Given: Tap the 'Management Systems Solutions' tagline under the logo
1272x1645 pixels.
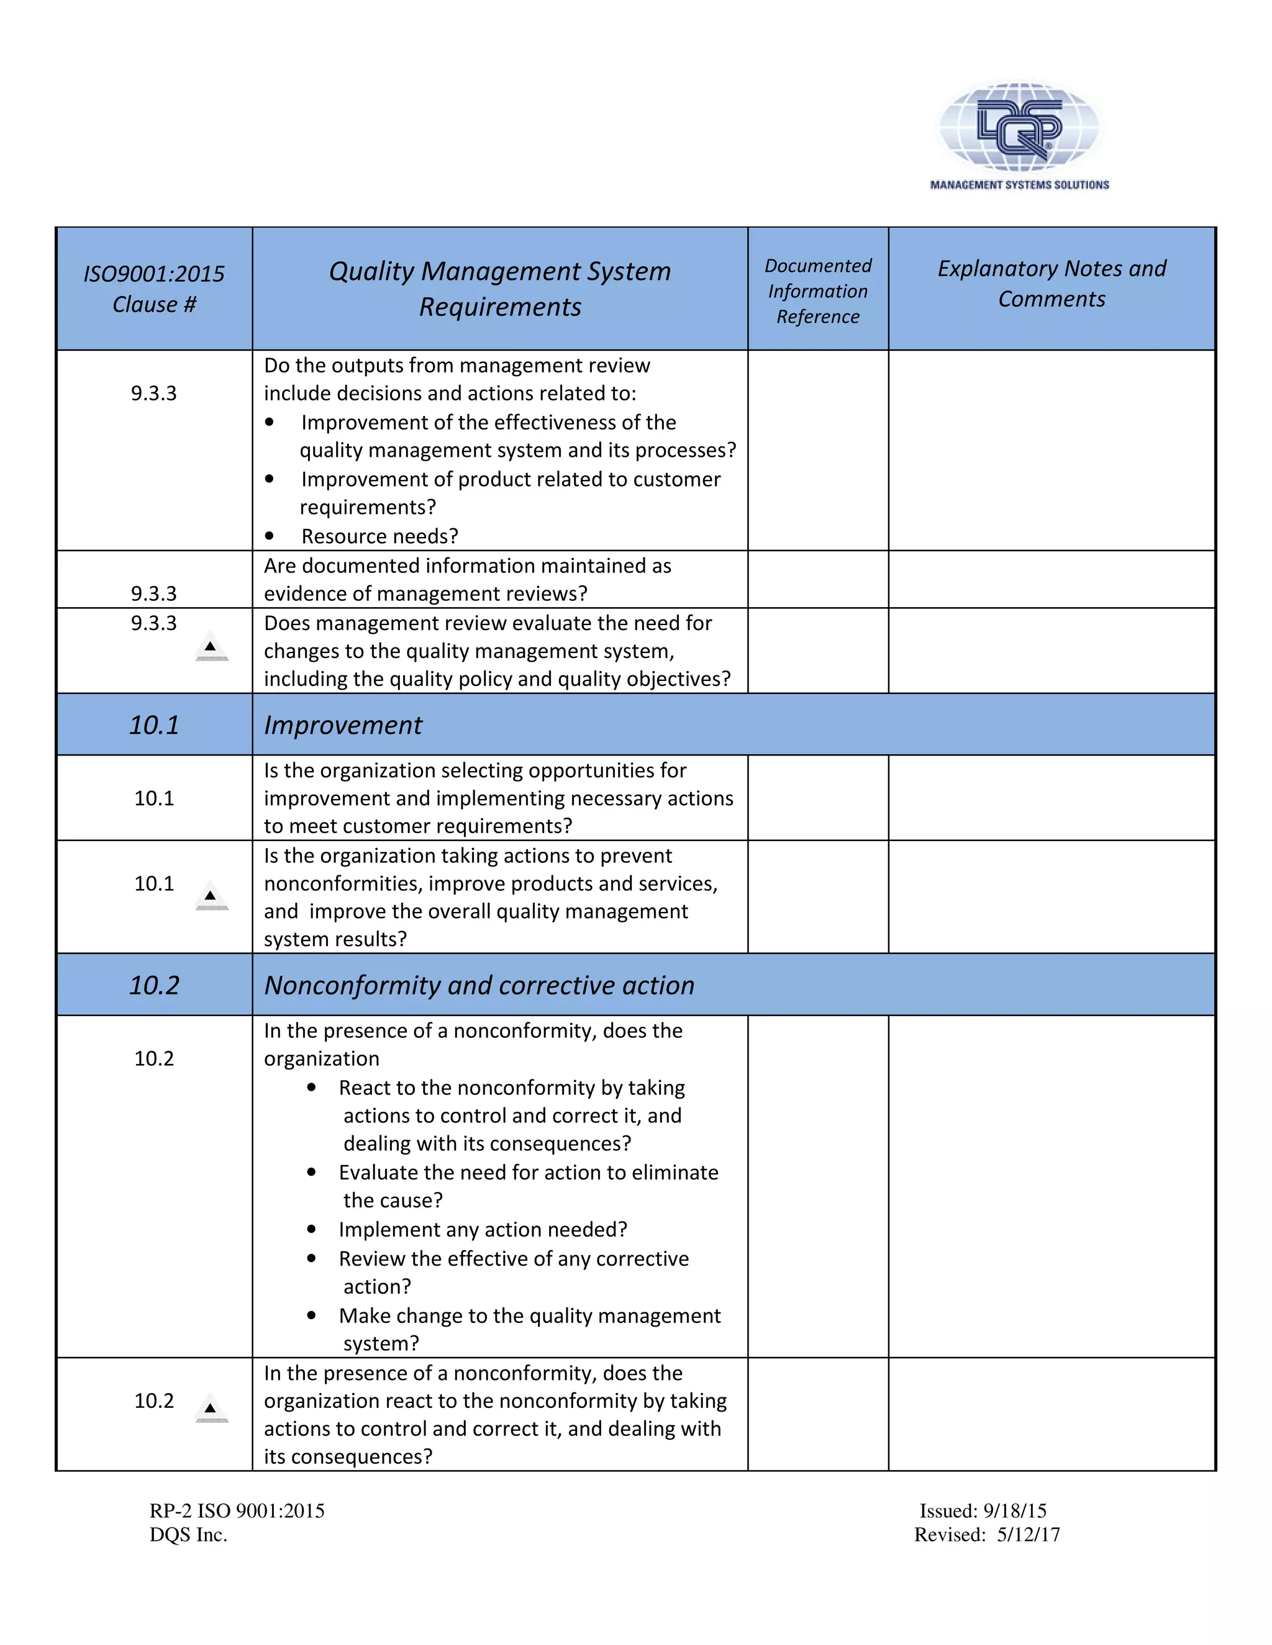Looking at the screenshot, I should pyautogui.click(x=1019, y=184).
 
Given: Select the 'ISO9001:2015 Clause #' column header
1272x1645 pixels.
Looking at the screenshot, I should pyautogui.click(x=154, y=289).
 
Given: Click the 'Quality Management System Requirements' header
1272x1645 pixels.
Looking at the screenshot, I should pyautogui.click(x=499, y=289).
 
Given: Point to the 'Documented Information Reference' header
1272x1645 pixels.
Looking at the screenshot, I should pyautogui.click(x=817, y=291).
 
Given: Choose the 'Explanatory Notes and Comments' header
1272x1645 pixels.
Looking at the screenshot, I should pyautogui.click(x=1052, y=283).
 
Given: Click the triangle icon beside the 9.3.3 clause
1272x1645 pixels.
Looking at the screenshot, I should pyautogui.click(x=211, y=647).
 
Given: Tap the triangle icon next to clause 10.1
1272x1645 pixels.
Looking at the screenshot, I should pyautogui.click(x=211, y=896).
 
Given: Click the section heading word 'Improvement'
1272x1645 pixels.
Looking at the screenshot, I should pyautogui.click(x=343, y=724).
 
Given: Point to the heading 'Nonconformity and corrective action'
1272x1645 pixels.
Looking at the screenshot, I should pyautogui.click(x=479, y=985).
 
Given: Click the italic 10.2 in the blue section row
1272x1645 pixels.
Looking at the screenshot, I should pyautogui.click(x=154, y=985).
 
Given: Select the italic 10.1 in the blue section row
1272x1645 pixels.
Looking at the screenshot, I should pyautogui.click(x=154, y=724).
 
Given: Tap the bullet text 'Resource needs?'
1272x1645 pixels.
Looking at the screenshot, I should pyautogui.click(x=379, y=536).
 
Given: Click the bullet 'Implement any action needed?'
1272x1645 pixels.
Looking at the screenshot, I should pyautogui.click(x=482, y=1229).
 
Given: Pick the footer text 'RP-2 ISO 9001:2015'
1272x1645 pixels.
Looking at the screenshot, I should pyautogui.click(x=237, y=1511).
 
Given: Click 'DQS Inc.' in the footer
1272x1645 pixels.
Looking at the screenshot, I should pyautogui.click(x=188, y=1535).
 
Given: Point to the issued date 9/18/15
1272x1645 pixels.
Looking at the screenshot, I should pyautogui.click(x=1014, y=1511).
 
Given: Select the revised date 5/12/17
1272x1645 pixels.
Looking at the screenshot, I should pyautogui.click(x=1028, y=1535).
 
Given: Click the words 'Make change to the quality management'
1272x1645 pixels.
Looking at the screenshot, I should pyautogui.click(x=529, y=1315).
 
